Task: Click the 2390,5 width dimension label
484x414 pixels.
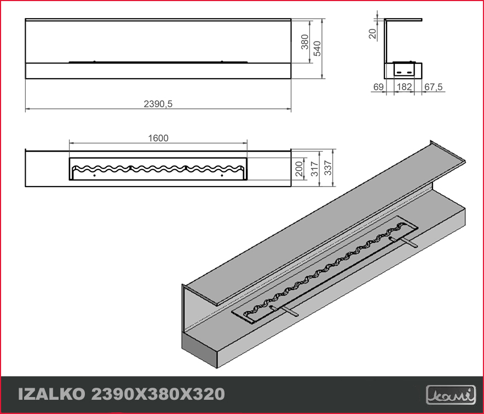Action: (158, 104)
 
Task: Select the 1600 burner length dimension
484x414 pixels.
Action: (158, 138)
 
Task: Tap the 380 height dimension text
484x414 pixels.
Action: (304, 42)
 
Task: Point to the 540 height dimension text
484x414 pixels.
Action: (317, 48)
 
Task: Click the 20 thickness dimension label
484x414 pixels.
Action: (372, 33)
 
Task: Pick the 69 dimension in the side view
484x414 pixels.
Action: (378, 87)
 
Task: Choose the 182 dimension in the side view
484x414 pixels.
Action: (405, 87)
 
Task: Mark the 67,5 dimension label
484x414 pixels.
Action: (434, 88)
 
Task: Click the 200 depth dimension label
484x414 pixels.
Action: (299, 168)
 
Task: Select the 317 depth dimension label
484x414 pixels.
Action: (314, 168)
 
